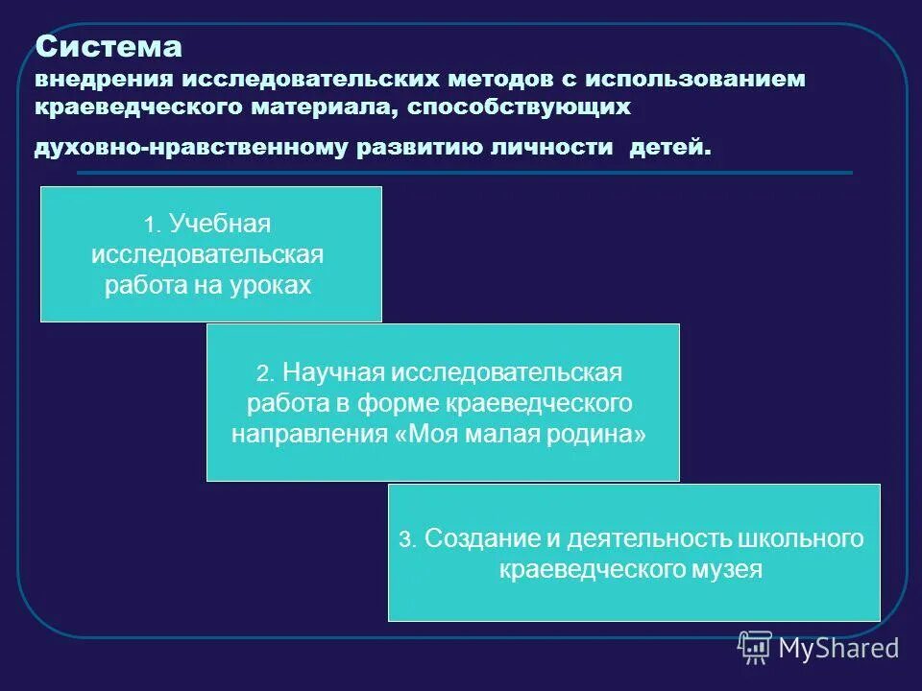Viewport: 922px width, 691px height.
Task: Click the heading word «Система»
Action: (x=109, y=46)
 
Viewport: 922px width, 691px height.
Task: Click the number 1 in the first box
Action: (x=150, y=226)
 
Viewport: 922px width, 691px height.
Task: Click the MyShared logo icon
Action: (x=755, y=648)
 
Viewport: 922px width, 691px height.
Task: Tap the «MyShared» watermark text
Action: (x=838, y=649)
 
